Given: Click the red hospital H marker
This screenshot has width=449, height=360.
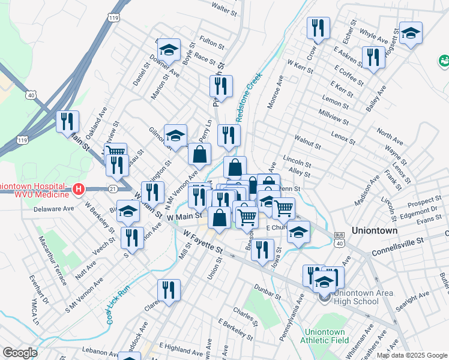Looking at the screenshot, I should coord(77,190).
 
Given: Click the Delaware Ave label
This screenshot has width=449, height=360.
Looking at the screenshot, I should coord(53,209).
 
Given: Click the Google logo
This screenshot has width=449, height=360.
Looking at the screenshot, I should coord(20,353).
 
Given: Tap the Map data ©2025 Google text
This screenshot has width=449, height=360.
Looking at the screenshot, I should coord(411,355).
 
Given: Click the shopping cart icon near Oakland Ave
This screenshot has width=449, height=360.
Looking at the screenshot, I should coord(115,153).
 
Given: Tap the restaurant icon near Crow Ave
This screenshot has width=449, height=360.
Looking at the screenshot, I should coord(318,28).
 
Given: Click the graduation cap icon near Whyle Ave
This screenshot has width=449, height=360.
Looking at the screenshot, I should coord(411,32).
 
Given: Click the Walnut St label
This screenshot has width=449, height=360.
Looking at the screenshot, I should coord(308,142).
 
